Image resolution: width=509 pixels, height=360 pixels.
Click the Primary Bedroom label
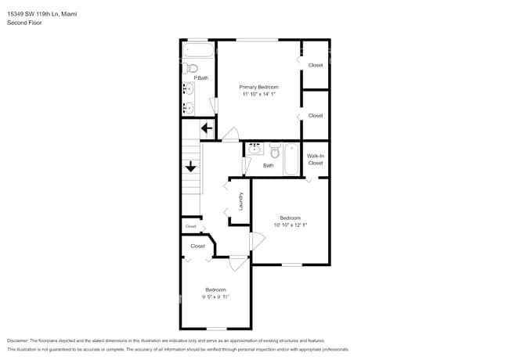(x=258, y=87)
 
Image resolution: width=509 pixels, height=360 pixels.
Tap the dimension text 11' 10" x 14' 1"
(x=258, y=94)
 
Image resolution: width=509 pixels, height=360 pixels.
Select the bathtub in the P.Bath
(x=199, y=52)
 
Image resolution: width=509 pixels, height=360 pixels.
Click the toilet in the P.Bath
(x=192, y=68)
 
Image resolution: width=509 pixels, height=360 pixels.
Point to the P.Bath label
(x=200, y=78)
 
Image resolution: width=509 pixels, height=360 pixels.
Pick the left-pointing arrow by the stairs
(x=208, y=128)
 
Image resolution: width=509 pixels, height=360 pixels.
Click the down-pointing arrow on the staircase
(x=190, y=166)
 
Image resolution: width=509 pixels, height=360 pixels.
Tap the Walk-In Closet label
(x=315, y=160)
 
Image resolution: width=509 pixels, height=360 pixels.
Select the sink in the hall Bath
(x=255, y=149)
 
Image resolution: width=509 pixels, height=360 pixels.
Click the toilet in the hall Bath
(x=275, y=149)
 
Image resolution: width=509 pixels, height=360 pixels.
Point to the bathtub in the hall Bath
(x=291, y=159)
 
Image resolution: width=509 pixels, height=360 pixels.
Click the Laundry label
(x=240, y=201)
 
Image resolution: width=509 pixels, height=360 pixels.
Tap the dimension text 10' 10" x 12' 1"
(x=290, y=225)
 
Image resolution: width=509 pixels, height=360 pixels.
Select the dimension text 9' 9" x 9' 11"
(x=215, y=297)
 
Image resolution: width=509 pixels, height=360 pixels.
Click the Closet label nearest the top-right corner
(x=315, y=65)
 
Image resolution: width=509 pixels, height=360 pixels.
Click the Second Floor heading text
(x=24, y=23)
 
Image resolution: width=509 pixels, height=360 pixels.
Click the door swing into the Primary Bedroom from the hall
(x=230, y=135)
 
